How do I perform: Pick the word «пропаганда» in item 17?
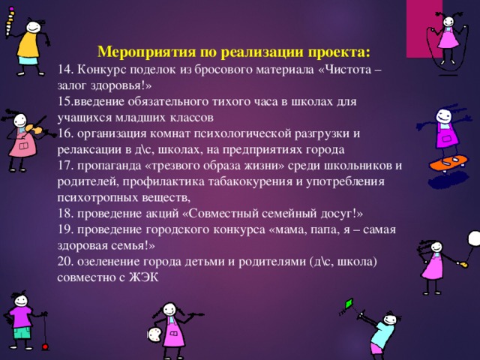point(106,166)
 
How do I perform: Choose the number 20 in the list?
point(64,261)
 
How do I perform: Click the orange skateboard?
point(449,161)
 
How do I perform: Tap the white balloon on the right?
point(474,238)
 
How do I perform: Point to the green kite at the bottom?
point(348,304)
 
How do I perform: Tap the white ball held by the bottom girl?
point(153,332)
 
